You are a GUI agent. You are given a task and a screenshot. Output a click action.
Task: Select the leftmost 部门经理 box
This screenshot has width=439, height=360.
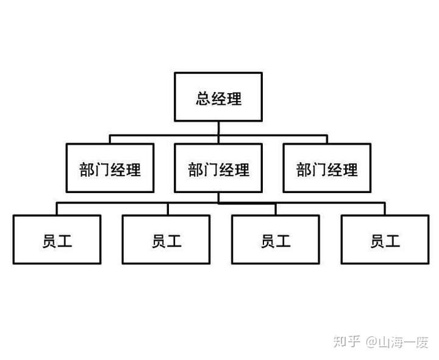pos(110,169)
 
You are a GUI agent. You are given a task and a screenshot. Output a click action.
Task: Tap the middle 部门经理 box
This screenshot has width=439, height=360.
pos(218,169)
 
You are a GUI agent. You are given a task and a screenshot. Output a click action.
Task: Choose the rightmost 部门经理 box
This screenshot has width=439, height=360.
pos(326,169)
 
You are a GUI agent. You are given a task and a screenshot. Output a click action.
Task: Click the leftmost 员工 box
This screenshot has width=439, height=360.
pos(57,239)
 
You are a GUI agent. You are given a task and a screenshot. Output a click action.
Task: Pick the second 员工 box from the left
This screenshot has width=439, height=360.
pos(166,239)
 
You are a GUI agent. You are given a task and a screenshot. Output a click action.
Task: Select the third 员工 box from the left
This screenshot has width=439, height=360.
pos(275,239)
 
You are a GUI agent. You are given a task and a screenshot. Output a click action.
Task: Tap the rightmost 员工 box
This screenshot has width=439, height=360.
pos(385,239)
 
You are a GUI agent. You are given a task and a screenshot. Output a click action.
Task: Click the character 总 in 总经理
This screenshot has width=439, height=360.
pos(203,98)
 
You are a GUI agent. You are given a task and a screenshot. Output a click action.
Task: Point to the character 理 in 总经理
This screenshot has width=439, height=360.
pos(234,98)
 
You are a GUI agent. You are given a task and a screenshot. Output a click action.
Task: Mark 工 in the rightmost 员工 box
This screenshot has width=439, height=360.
pos(393,240)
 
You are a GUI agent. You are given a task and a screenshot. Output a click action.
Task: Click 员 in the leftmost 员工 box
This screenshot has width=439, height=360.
pos(50,240)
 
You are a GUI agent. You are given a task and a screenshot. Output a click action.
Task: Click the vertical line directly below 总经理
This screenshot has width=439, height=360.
pos(218,128)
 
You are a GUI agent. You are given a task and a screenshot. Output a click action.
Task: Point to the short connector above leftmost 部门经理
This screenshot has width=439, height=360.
pos(110,139)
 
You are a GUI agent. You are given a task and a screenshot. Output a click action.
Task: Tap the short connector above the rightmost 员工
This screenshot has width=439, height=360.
pos(385,209)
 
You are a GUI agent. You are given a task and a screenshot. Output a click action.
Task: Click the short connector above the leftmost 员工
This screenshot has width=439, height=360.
pos(57,209)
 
